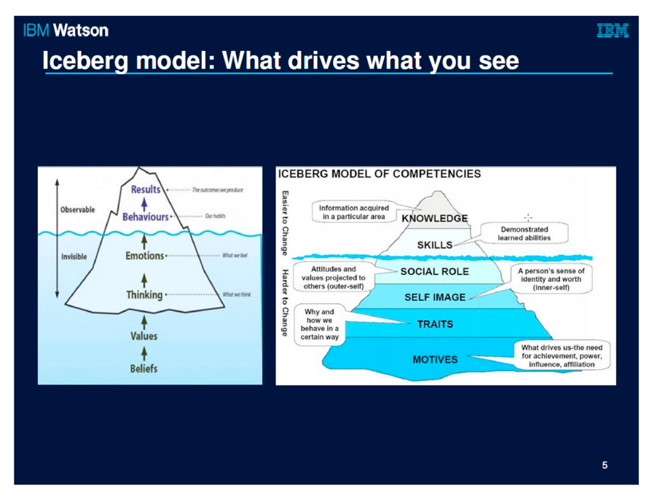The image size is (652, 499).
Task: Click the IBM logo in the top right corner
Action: point(613,31)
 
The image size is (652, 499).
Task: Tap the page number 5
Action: point(605,465)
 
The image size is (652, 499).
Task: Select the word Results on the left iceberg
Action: point(146,189)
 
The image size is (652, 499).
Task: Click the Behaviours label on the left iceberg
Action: point(146,216)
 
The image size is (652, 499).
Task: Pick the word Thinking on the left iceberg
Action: point(143,295)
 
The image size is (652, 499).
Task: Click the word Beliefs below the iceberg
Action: point(144,368)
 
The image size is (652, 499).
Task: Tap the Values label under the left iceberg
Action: point(144,336)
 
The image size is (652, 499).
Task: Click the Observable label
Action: point(77,209)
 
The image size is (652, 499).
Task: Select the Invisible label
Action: point(74,256)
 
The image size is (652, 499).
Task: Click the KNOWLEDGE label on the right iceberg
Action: point(434,218)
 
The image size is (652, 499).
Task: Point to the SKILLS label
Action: point(434,245)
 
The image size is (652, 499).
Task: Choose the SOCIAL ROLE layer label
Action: point(434,271)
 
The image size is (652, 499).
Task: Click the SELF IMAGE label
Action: point(434,297)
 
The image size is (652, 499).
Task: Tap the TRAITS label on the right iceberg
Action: point(434,323)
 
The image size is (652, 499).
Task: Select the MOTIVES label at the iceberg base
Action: point(435,358)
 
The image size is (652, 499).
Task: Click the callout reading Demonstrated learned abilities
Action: point(524,233)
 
